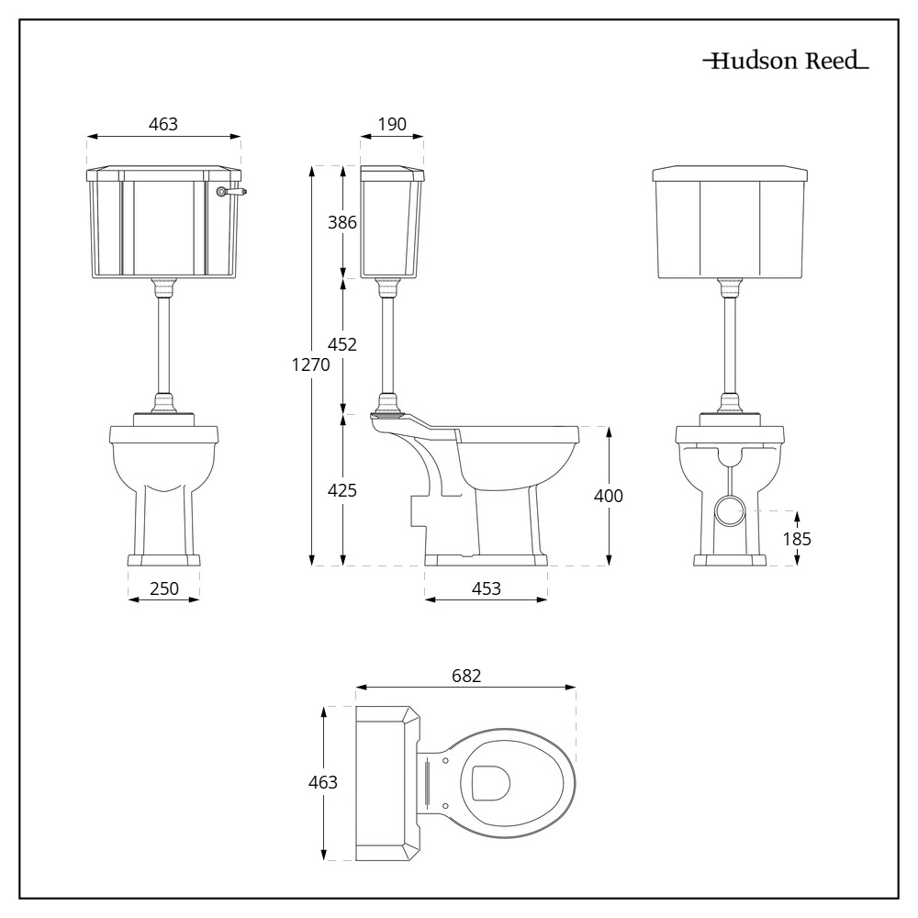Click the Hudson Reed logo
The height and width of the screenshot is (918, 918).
(785, 63)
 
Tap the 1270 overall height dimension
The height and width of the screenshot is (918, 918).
(311, 365)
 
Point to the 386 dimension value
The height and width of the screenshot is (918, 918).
(342, 222)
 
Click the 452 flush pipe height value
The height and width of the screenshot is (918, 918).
(342, 345)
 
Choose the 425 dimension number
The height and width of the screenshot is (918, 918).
(342, 490)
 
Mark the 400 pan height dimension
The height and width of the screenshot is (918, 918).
(608, 496)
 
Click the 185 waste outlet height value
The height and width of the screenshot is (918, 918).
(797, 539)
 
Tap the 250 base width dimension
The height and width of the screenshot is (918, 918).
(163, 588)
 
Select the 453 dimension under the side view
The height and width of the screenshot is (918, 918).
(486, 588)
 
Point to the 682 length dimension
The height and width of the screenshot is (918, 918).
(466, 676)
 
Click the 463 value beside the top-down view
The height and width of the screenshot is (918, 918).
(322, 783)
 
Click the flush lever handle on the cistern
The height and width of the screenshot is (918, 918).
(231, 192)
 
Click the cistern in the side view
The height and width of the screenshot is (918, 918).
(392, 224)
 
